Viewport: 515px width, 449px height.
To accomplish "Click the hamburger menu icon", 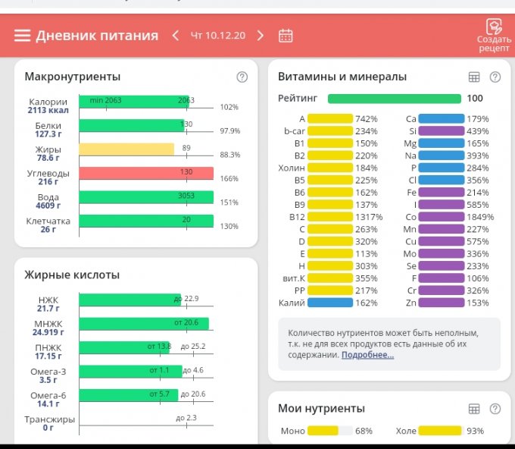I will click(22, 36).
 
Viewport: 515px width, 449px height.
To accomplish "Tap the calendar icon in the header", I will click(286, 36).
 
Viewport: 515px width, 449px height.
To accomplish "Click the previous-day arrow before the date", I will click(176, 36).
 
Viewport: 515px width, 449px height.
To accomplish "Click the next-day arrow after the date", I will click(261, 36).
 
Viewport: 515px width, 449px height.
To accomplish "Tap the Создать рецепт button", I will click(494, 36).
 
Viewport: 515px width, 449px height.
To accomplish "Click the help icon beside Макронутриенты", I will click(242, 77).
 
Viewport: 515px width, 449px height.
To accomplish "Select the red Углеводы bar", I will click(146, 173).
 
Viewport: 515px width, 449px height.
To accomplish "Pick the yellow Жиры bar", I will click(126, 149).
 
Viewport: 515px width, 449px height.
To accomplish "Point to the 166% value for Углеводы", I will click(229, 179).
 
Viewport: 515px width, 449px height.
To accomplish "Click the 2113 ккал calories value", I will click(48, 111).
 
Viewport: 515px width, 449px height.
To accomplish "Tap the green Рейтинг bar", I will click(394, 99).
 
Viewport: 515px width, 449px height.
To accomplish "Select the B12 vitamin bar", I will click(330, 216).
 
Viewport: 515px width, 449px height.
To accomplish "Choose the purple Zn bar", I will click(441, 303).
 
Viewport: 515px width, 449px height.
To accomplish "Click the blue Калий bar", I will click(330, 303).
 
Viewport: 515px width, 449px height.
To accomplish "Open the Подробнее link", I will click(367, 354).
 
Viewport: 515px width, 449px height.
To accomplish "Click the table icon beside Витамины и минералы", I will click(474, 77).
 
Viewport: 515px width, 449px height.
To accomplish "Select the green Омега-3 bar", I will click(129, 372).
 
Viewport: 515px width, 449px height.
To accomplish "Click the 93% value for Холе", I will click(475, 431).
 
